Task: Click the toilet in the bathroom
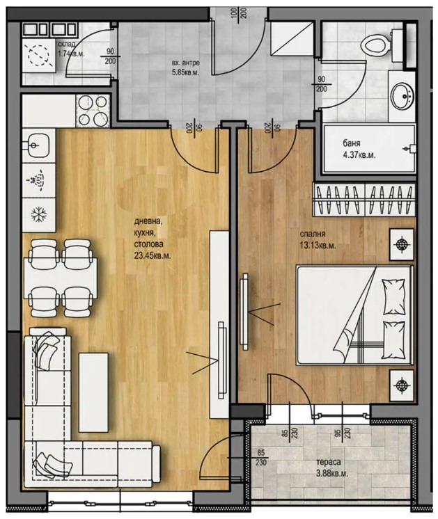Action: (381, 46)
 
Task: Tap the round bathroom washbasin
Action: (401, 96)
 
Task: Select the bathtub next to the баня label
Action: (369, 149)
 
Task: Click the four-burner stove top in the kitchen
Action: (93, 111)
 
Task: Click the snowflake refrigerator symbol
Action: (39, 215)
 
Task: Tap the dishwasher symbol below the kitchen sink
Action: (38, 180)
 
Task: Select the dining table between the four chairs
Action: (61, 278)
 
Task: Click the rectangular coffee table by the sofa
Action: (93, 392)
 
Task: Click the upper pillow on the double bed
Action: (393, 296)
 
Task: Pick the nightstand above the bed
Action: (402, 244)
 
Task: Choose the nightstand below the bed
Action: (402, 385)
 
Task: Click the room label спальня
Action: (313, 234)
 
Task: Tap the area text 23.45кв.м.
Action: (152, 255)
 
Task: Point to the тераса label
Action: (329, 462)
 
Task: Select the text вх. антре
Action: (186, 63)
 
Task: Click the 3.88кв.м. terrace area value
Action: (332, 473)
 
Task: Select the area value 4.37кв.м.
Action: (359, 155)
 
